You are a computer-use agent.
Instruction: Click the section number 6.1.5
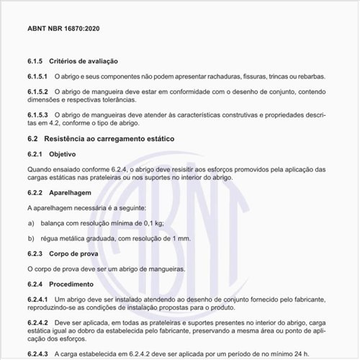click(37, 62)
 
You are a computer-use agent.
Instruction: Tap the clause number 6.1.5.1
click(38, 76)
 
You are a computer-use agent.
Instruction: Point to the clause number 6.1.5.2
click(38, 92)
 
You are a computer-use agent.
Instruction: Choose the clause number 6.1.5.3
click(38, 115)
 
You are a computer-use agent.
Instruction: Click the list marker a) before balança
click(31, 222)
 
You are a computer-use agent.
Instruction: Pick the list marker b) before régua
click(31, 238)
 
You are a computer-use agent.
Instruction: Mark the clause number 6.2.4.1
click(38, 298)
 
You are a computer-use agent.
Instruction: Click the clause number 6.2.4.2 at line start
click(38, 322)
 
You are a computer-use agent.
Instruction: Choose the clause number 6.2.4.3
click(38, 353)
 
